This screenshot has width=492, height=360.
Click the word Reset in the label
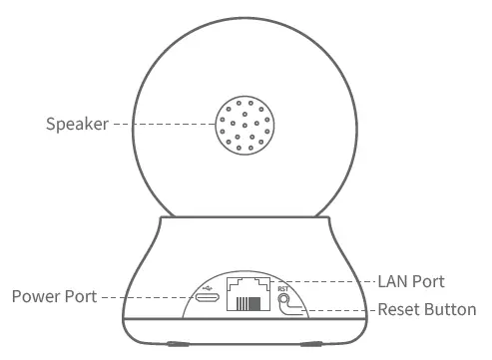click(x=398, y=309)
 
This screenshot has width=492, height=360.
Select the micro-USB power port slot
click(x=209, y=297)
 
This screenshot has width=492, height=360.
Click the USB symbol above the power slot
click(x=208, y=283)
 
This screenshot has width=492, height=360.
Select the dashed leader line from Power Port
click(x=150, y=297)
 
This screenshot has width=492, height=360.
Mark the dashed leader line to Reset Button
click(x=339, y=310)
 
